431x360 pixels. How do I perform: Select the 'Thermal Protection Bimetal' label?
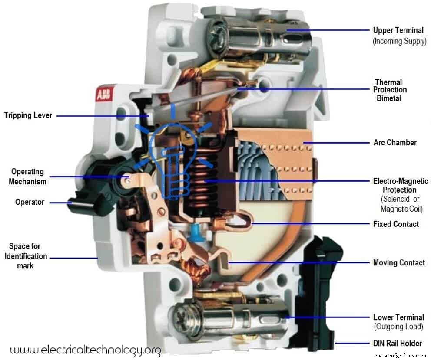391,90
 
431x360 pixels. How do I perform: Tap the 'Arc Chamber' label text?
395,142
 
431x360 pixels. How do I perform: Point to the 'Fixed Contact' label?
396,224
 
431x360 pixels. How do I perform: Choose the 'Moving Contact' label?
398,262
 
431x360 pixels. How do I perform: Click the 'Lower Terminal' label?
398,317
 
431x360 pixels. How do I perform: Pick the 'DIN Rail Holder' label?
398,343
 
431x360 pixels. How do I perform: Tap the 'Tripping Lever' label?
28,115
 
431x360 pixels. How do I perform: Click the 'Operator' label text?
30,202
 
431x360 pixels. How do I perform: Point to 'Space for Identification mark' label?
26,256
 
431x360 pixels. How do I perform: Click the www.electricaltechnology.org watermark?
85,350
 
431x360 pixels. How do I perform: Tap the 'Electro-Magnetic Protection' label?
401,186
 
